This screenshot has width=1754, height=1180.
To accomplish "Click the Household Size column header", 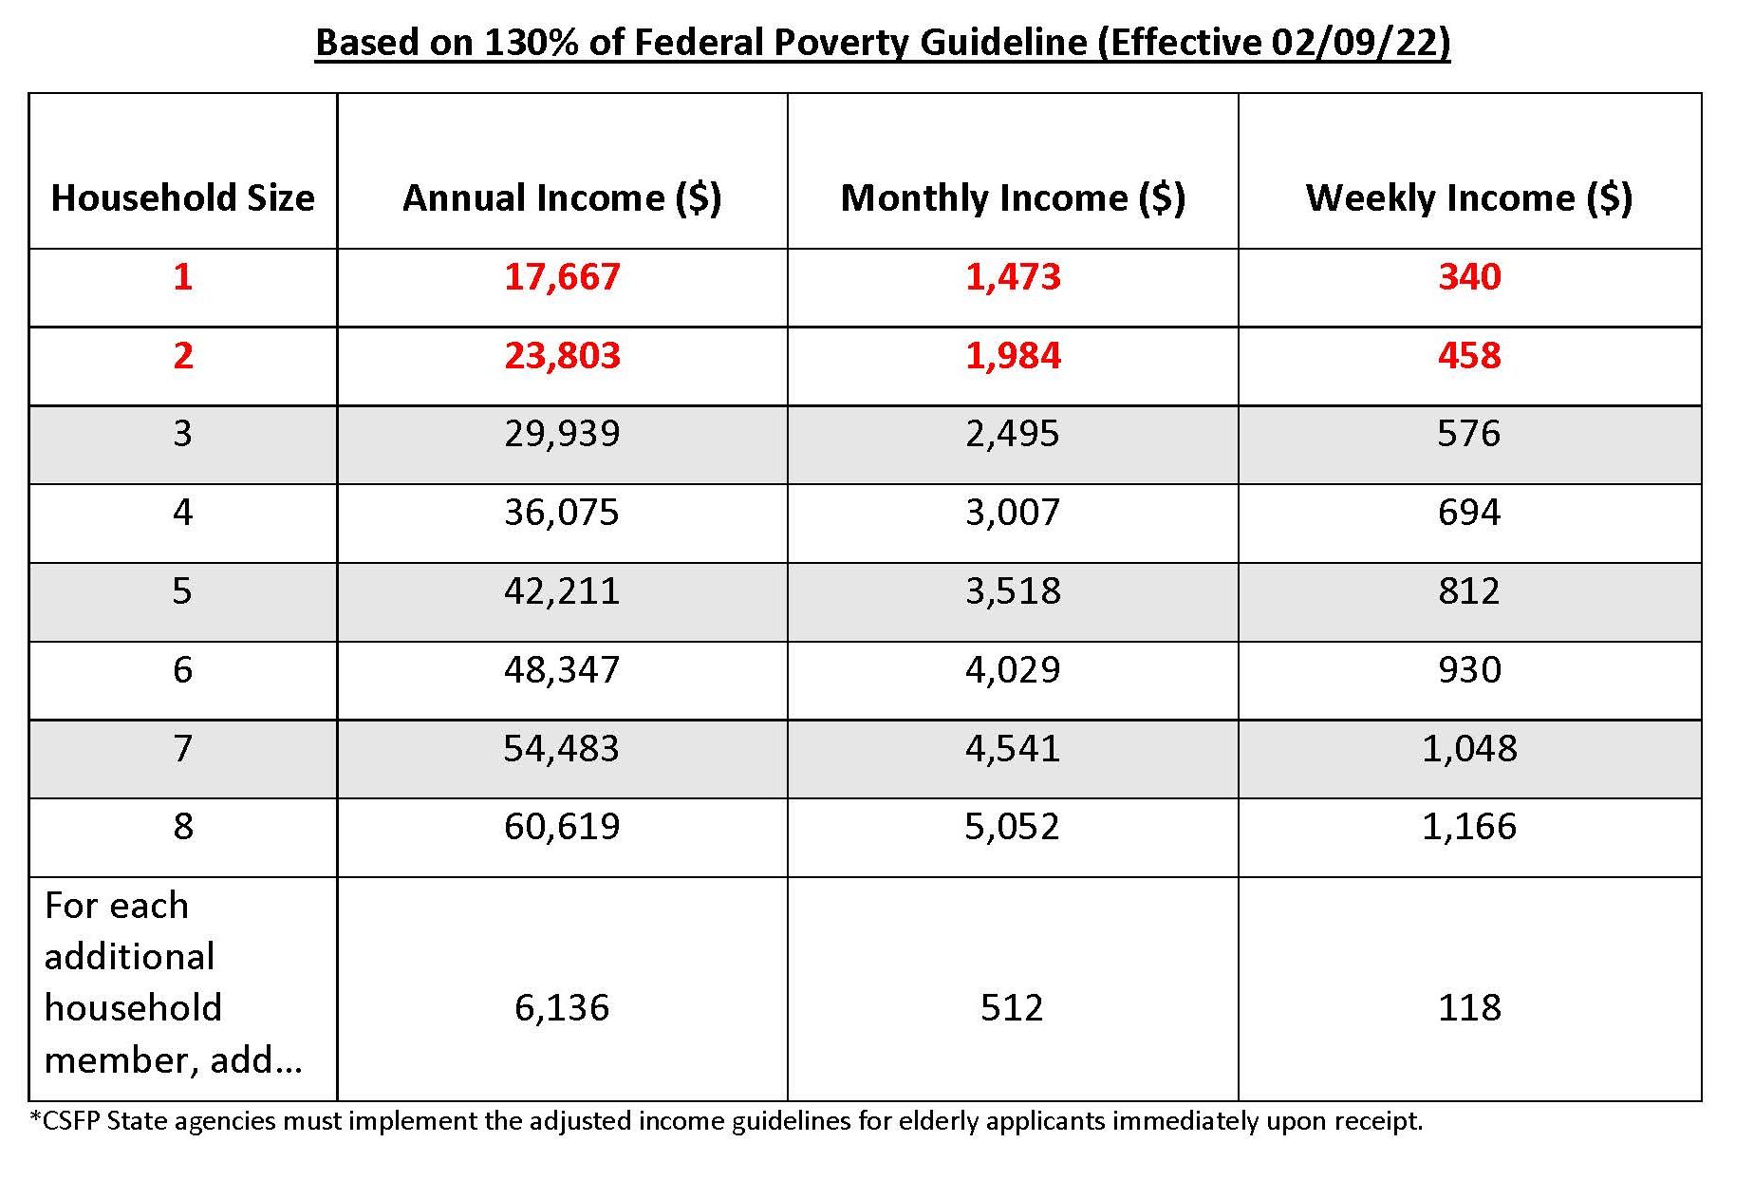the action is [182, 197].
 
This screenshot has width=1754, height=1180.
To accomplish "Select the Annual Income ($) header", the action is [562, 198].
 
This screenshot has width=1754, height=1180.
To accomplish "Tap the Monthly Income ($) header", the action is [1013, 198].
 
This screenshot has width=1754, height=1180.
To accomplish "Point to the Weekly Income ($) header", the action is [1469, 198].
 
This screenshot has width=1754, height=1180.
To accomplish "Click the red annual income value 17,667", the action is [562, 277].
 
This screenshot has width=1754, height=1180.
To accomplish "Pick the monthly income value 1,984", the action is [1013, 356].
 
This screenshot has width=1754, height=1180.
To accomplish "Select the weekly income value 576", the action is [1469, 434].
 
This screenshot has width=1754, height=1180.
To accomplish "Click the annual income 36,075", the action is [562, 513].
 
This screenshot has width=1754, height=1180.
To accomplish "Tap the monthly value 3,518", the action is [1013, 591].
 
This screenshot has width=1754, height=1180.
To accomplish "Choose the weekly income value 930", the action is [1469, 670].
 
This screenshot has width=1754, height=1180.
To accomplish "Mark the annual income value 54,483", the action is [562, 749].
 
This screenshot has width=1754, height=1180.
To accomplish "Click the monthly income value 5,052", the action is [1013, 827].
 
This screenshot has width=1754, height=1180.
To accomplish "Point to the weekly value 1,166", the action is [1469, 827].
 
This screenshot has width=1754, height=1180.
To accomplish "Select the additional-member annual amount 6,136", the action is [562, 1008].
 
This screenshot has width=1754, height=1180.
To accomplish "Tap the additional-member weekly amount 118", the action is [1469, 1007].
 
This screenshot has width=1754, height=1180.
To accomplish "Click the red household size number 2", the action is [182, 355].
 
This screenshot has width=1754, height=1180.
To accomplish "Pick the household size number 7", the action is [182, 748].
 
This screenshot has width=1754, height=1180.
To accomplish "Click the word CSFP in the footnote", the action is [69, 1121].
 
